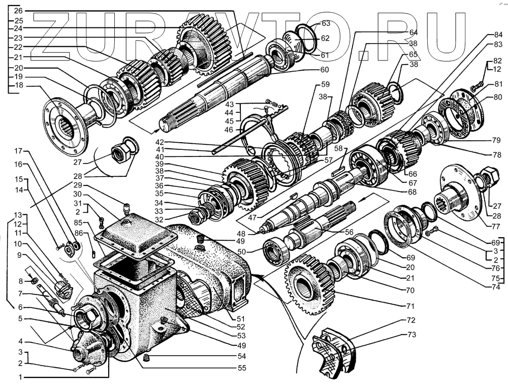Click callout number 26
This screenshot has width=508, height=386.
(x=18, y=11)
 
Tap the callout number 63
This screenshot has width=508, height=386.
(x=326, y=23)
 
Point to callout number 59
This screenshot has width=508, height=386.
(x=325, y=84)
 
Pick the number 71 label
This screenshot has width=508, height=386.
(x=410, y=306)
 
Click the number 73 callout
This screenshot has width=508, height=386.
(x=411, y=335)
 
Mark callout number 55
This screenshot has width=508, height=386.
(x=241, y=368)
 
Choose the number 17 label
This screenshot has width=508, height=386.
(x=18, y=151)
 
